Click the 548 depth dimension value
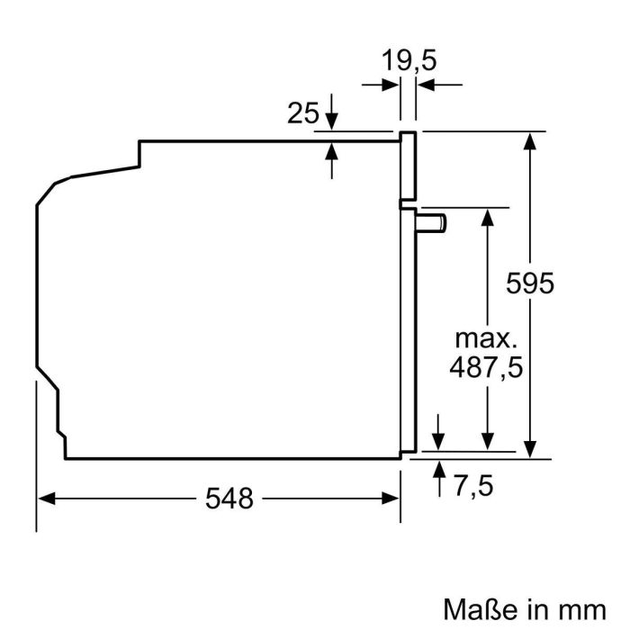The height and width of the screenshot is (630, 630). (228, 498)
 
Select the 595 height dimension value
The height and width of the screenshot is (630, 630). (530, 283)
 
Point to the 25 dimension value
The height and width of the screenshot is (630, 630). (303, 113)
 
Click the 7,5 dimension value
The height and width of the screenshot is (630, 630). (473, 486)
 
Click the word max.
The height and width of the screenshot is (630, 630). (487, 338)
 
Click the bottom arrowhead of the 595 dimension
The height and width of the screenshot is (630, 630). (531, 450)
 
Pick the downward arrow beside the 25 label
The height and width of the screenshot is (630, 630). (332, 121)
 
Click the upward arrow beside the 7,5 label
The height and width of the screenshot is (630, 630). (439, 467)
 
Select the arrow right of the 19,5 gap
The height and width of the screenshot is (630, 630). (425, 85)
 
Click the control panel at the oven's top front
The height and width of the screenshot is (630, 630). (408, 166)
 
